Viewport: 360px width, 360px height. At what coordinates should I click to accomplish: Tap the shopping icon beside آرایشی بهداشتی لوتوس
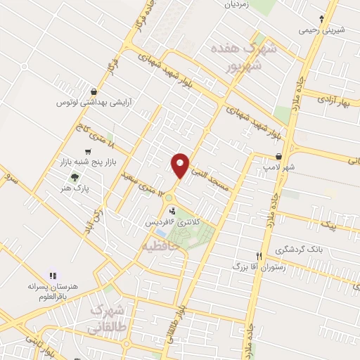[x=94, y=91]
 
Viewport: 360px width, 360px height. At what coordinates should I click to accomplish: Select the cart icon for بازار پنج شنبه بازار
[x=87, y=152]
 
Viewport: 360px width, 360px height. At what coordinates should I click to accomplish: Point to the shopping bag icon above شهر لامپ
[x=280, y=156]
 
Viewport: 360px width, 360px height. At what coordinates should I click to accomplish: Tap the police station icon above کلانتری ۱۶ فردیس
[x=172, y=210]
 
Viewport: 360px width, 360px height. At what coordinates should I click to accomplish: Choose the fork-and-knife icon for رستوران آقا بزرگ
[x=258, y=256]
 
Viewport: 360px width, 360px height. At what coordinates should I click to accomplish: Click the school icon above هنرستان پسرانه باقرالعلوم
[x=52, y=275]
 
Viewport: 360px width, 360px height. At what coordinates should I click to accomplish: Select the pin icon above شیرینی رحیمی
[x=322, y=19]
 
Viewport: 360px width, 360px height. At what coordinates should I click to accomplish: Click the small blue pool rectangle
[x=161, y=232]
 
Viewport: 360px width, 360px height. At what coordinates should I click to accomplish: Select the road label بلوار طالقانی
[x=184, y=305]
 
